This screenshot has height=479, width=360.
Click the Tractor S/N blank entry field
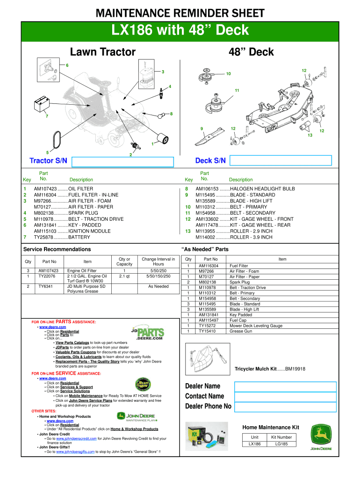[123, 161]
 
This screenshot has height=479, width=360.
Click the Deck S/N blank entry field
[281, 161]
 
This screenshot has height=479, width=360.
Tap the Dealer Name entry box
[285, 386]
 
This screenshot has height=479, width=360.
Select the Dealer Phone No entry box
[285, 406]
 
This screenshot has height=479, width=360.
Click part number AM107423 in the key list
[45, 189]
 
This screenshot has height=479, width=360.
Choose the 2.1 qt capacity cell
[124, 276]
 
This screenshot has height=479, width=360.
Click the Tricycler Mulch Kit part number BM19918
[295, 369]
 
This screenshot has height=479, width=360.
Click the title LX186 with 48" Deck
[180, 30]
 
